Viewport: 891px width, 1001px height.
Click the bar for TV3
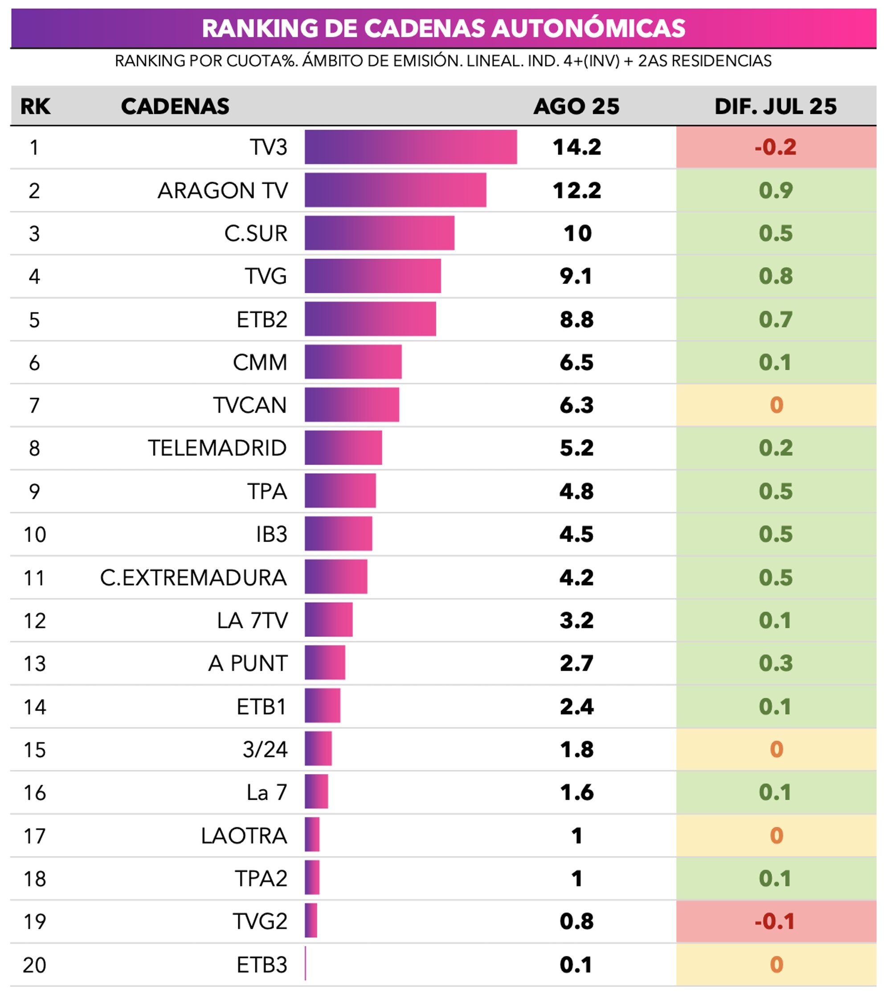[410, 147]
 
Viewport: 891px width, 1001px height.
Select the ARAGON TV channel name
[223, 190]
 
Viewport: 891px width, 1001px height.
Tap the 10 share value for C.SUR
[577, 233]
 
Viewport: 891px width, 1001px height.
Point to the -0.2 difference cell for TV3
[776, 147]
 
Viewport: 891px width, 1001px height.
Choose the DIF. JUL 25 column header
[776, 106]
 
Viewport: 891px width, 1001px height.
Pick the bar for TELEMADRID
[343, 447]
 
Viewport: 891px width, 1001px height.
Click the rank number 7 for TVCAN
[34, 406]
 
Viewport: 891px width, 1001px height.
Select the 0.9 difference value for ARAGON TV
[776, 190]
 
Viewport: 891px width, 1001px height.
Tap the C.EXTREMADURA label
[193, 578]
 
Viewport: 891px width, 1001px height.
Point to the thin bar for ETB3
[306, 963]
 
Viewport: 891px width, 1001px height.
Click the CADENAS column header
[175, 106]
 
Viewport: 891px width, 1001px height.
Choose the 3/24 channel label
[265, 749]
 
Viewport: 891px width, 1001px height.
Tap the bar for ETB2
[370, 319]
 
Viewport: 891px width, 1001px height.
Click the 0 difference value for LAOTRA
[776, 836]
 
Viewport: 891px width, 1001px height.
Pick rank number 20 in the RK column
[34, 965]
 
